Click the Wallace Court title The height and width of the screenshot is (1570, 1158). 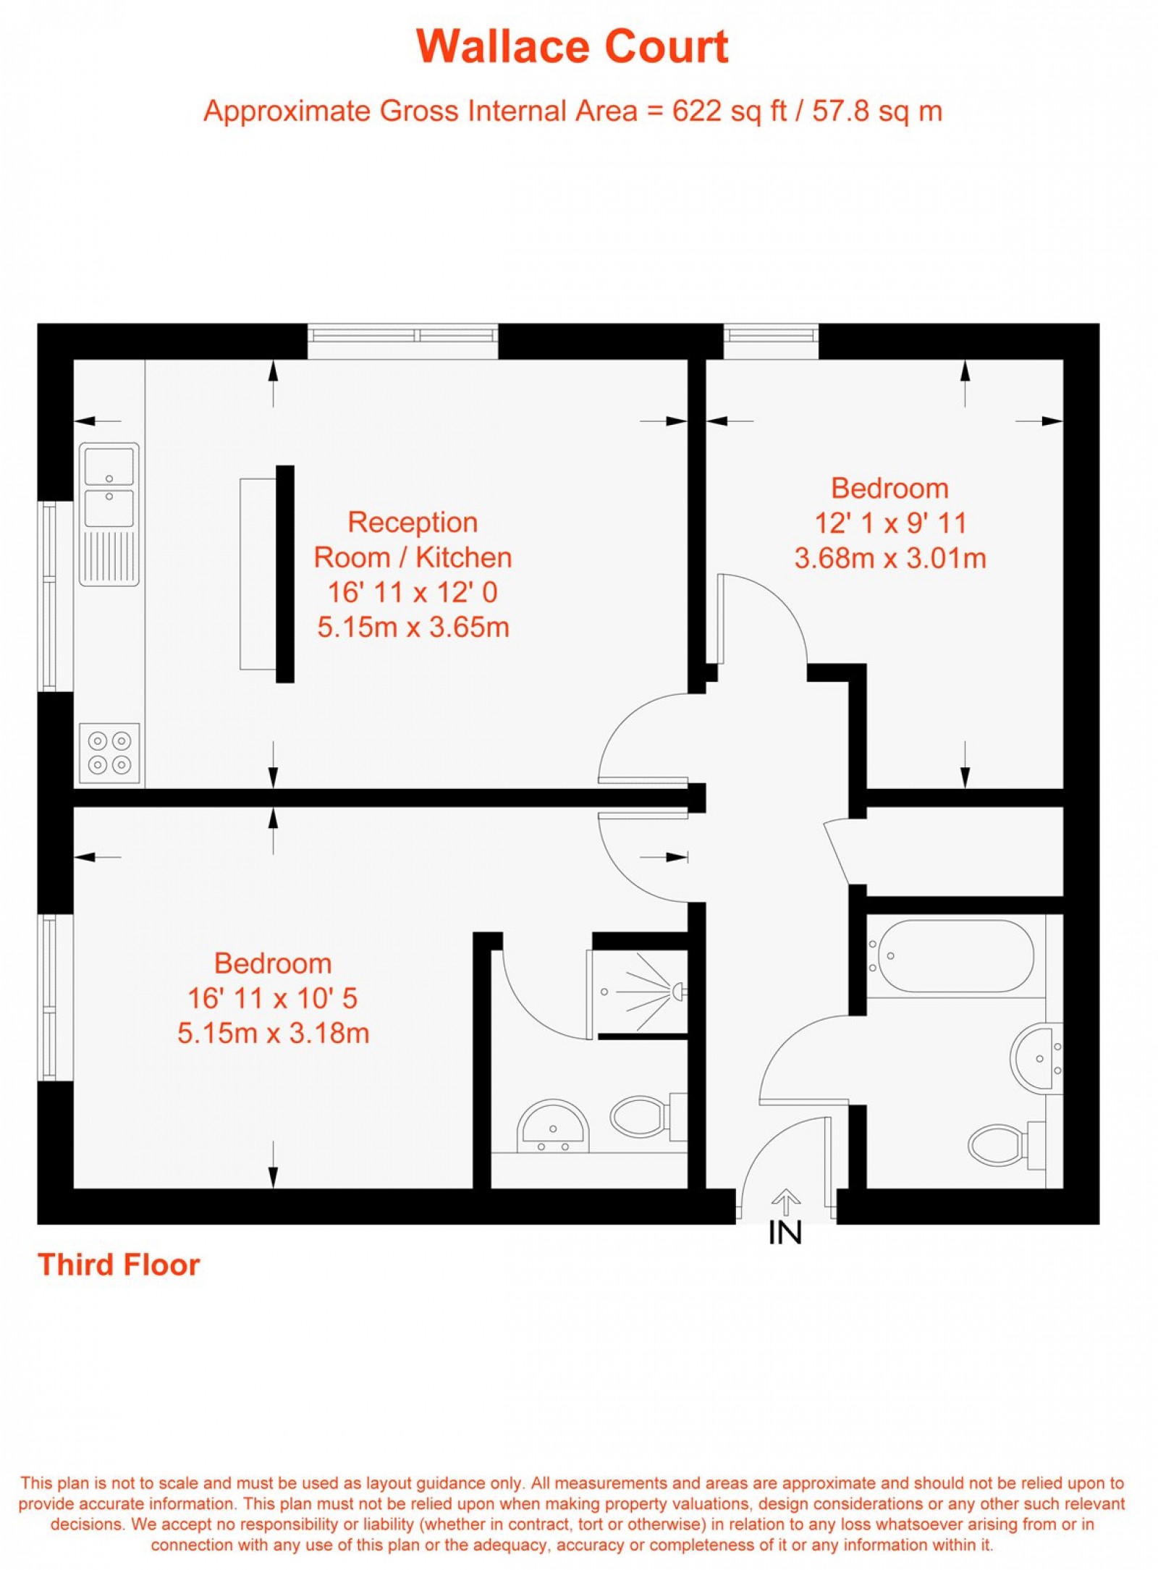(572, 47)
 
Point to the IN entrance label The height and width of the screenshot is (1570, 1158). (785, 1233)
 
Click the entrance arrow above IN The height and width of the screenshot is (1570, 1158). (785, 1202)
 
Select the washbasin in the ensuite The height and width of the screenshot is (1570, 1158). (553, 1126)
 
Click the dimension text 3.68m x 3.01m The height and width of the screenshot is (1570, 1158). (890, 558)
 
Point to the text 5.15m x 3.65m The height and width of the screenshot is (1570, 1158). (413, 627)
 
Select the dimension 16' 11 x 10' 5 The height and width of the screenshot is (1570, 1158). (273, 998)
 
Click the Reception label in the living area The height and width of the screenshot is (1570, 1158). (413, 522)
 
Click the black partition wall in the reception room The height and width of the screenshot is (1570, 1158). (285, 573)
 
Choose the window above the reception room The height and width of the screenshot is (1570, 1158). (402, 335)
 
